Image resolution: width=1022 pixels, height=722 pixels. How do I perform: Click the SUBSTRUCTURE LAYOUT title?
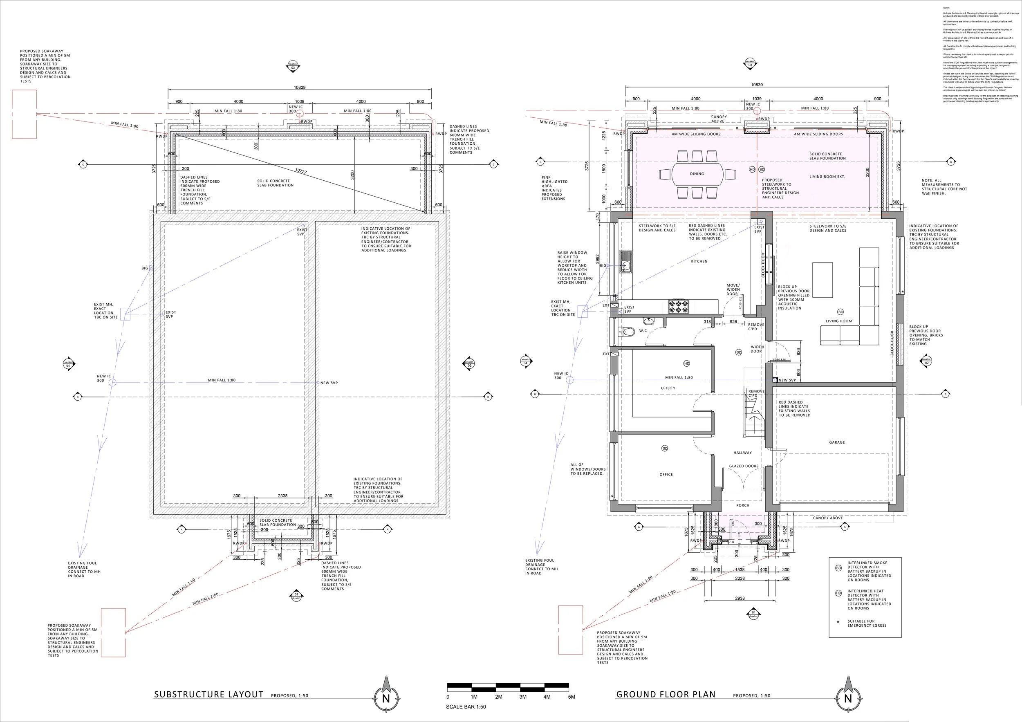click(x=208, y=694)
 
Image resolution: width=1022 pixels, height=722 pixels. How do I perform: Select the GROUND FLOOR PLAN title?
click(x=666, y=694)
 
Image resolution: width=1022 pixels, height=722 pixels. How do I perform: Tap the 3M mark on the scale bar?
click(x=522, y=697)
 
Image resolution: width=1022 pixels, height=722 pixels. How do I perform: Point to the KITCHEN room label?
click(x=699, y=261)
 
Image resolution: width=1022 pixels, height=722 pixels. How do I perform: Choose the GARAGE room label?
click(x=837, y=442)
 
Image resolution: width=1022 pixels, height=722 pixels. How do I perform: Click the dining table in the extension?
click(x=697, y=174)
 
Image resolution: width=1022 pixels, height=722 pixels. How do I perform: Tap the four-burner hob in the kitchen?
click(x=678, y=307)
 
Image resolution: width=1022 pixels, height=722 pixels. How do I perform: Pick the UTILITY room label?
click(x=668, y=388)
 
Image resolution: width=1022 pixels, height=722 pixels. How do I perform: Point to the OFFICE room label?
click(x=666, y=475)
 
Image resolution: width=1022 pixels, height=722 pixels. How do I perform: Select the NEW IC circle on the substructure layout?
click(x=112, y=382)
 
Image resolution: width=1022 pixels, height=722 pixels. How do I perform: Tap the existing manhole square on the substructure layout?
click(x=125, y=314)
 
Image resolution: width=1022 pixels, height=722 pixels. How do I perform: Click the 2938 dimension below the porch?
click(x=740, y=598)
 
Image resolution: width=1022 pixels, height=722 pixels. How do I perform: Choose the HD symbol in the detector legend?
click(x=838, y=593)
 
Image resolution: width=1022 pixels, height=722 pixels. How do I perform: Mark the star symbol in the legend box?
click(x=838, y=621)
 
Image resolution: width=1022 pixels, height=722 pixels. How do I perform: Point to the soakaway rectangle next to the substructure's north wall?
click(x=24, y=114)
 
